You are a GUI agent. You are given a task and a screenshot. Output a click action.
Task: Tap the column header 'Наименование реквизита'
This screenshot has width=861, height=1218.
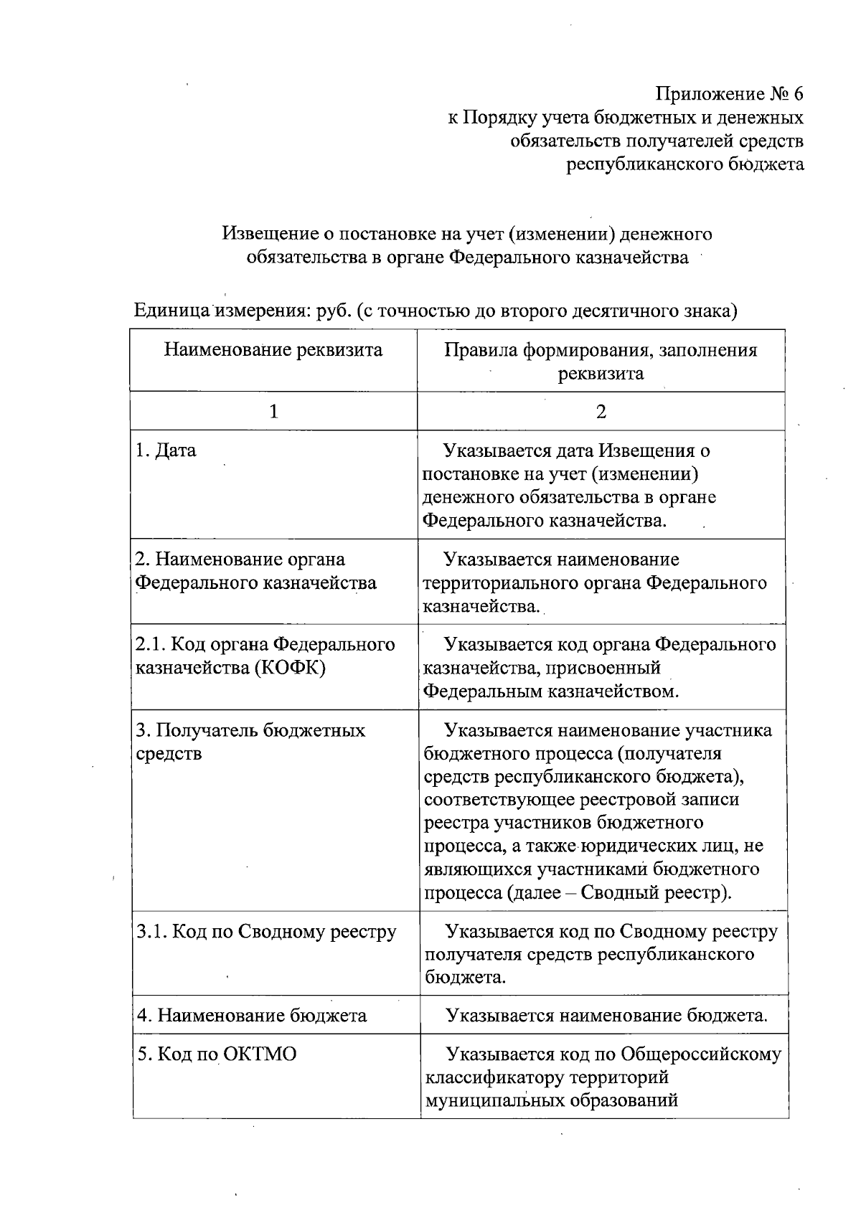273,350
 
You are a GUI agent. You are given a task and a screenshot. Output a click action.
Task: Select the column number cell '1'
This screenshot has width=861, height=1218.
273,412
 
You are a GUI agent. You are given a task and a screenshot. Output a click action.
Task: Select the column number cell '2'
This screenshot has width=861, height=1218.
601,412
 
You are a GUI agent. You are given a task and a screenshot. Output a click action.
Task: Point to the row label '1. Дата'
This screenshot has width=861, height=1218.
166,451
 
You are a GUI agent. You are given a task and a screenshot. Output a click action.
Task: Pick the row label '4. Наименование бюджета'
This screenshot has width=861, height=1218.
252,1016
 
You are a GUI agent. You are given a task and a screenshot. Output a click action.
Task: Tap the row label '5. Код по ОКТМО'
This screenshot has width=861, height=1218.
217,1054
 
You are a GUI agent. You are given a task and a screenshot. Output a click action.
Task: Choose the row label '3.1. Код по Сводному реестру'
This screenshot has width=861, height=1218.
266,933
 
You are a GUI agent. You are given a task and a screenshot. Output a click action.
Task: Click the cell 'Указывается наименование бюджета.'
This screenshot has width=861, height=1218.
606,1016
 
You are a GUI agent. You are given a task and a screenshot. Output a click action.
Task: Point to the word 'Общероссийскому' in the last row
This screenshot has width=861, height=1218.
701,1054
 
